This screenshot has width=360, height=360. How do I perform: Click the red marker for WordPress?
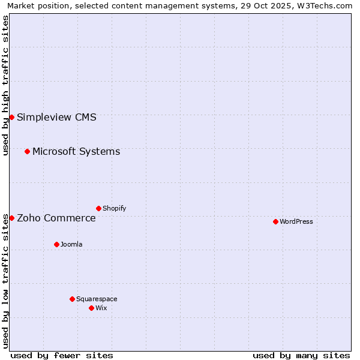pyautogui.click(x=275, y=221)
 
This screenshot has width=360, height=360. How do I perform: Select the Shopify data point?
pyautogui.click(x=98, y=208)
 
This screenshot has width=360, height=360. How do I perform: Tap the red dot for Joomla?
pyautogui.click(x=56, y=244)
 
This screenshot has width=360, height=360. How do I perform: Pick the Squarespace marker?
pyautogui.click(x=72, y=299)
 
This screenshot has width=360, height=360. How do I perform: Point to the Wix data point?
pyautogui.click(x=91, y=308)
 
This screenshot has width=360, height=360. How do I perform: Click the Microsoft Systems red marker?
pyautogui.click(x=27, y=151)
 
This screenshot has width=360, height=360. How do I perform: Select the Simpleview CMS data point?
pyautogui.click(x=11, y=117)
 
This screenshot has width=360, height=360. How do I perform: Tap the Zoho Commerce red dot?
pyautogui.click(x=11, y=218)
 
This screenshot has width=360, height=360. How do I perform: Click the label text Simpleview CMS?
pyautogui.click(x=56, y=117)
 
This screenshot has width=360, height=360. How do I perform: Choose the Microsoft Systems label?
pyautogui.click(x=76, y=151)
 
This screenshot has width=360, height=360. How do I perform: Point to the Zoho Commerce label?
pyautogui.click(x=56, y=218)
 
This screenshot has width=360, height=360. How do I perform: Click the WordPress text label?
pyautogui.click(x=296, y=221)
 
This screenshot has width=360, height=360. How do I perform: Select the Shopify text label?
pyautogui.click(x=115, y=208)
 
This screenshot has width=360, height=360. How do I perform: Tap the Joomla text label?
pyautogui.click(x=71, y=244)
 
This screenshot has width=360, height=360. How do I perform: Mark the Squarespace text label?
pyautogui.click(x=97, y=299)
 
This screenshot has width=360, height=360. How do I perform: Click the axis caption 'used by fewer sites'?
pyautogui.click(x=62, y=355)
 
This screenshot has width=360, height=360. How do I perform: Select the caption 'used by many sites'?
pyautogui.click(x=301, y=355)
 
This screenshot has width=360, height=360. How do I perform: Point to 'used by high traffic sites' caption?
pyautogui.click(x=5, y=85)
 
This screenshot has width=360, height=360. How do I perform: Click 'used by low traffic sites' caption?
pyautogui.click(x=5, y=281)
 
